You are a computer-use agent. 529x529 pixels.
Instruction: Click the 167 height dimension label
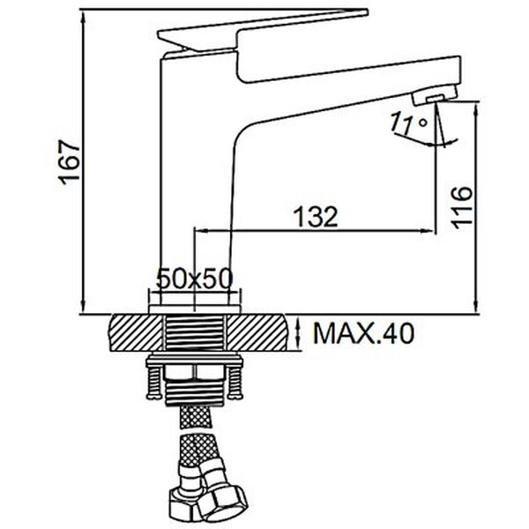pos(70,162)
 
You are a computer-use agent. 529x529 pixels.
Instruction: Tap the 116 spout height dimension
pos(462,207)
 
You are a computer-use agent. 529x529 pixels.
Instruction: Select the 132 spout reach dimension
pos(316,216)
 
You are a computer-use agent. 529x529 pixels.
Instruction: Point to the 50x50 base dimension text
pos(195,279)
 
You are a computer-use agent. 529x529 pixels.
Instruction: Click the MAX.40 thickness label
pos(363,333)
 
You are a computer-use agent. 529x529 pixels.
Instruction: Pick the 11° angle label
pos(408,123)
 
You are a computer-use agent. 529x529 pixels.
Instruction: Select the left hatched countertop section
pos(135,332)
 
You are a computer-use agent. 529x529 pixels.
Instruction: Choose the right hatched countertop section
pos(258,332)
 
